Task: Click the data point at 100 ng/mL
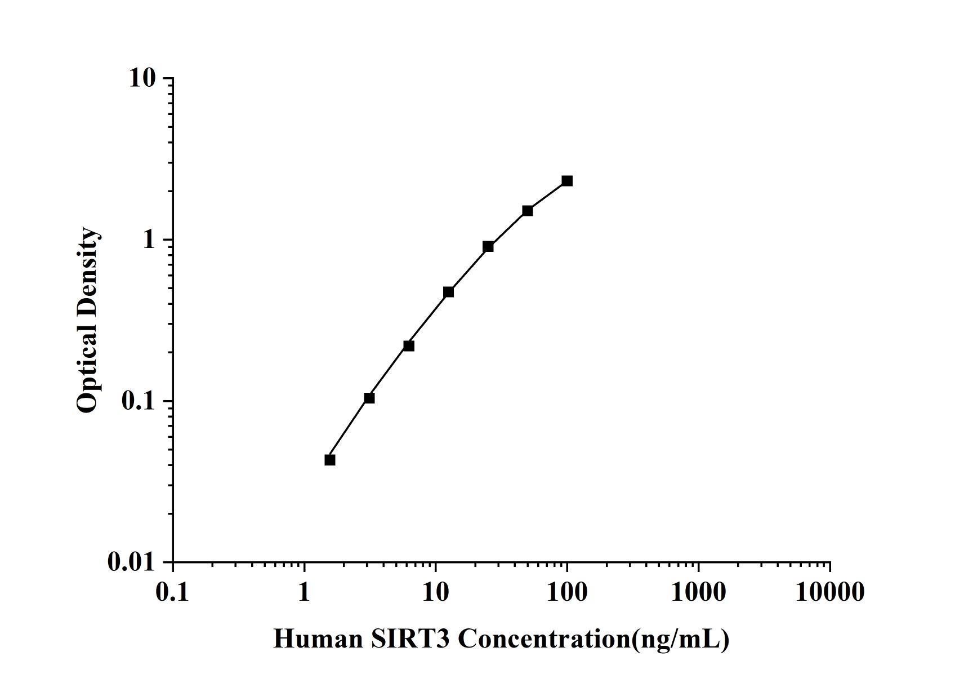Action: pyautogui.click(x=567, y=181)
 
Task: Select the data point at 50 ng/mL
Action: pyautogui.click(x=528, y=211)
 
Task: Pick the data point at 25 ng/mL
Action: pyautogui.click(x=488, y=246)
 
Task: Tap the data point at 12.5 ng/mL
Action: pyautogui.click(x=448, y=292)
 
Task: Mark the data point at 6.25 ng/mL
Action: pyautogui.click(x=409, y=345)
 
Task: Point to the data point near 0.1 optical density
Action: pyautogui.click(x=369, y=398)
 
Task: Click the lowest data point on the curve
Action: pyautogui.click(x=330, y=460)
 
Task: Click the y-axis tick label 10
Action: pyautogui.click(x=142, y=78)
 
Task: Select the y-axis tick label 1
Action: pyautogui.click(x=149, y=240)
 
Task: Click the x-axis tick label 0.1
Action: pyautogui.click(x=172, y=592)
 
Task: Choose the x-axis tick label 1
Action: pyautogui.click(x=304, y=592)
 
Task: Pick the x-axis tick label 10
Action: pyautogui.click(x=435, y=592)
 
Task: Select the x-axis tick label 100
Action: pyautogui.click(x=567, y=592)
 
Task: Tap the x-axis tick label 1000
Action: pyautogui.click(x=698, y=592)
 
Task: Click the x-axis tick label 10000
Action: pyautogui.click(x=829, y=592)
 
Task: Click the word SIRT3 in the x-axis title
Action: pyautogui.click(x=410, y=639)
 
